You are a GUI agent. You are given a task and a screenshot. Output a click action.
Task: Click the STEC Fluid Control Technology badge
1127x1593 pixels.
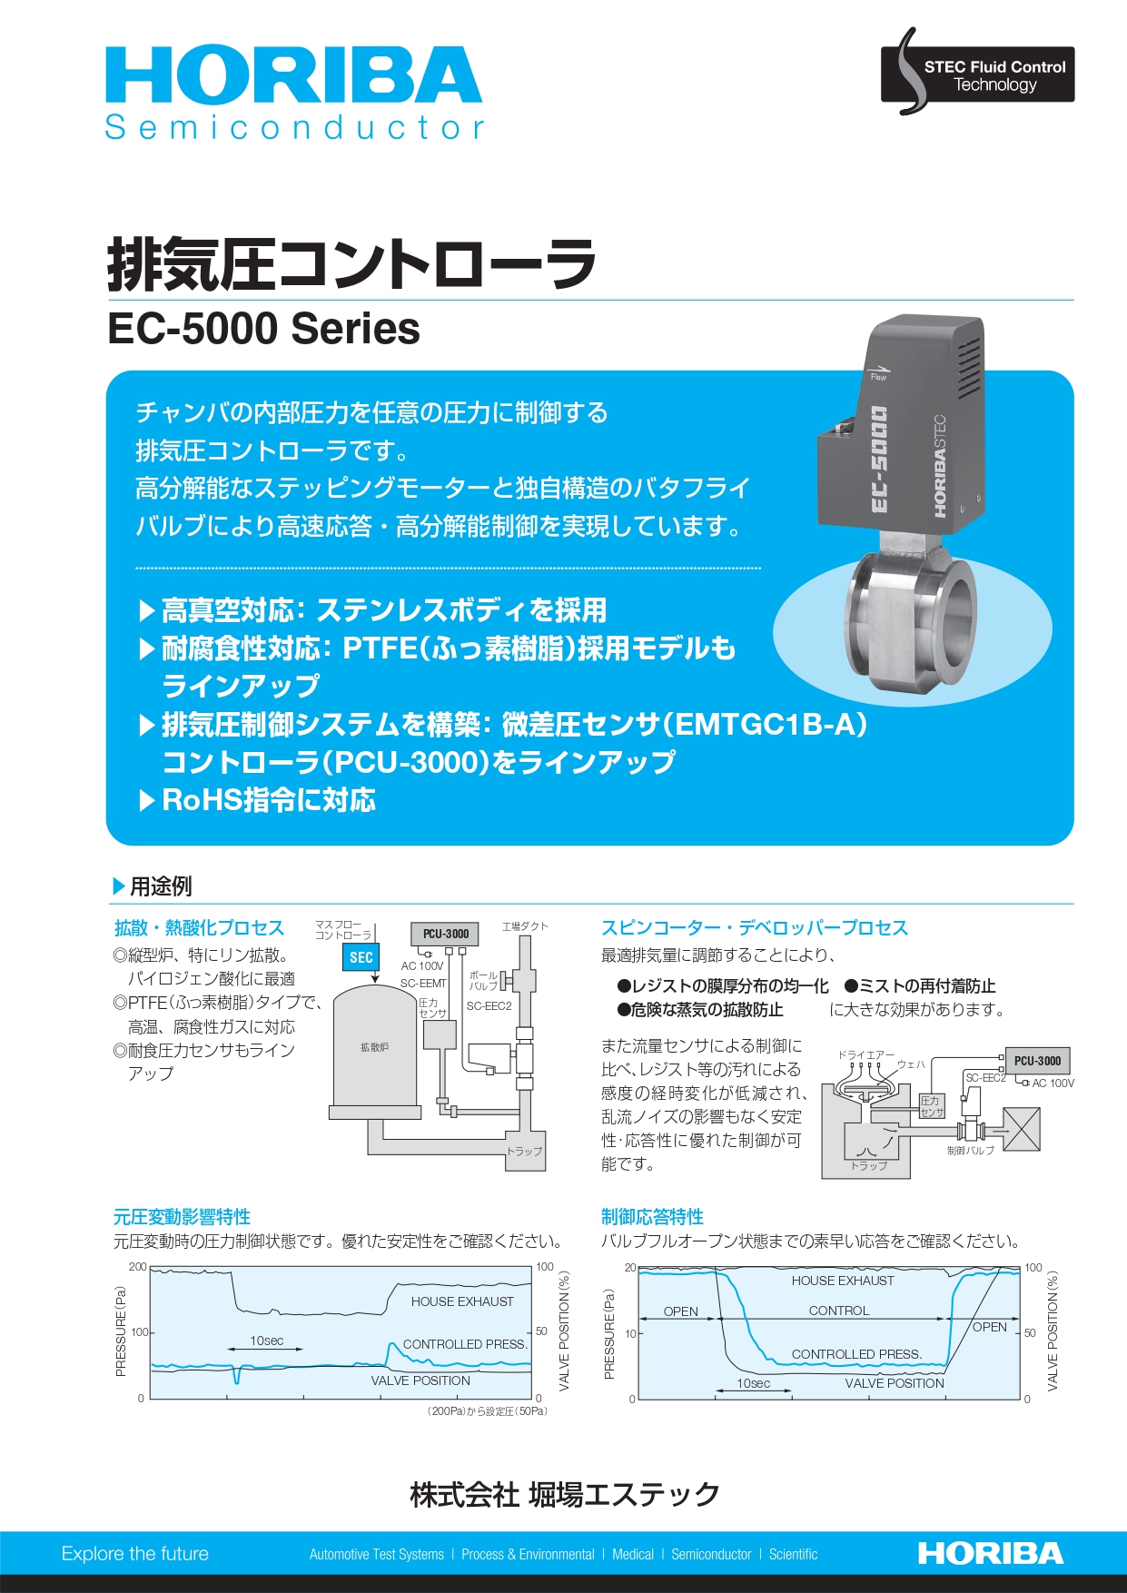[x=978, y=74]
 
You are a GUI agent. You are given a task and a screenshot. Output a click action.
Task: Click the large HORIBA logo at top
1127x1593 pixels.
[x=292, y=76]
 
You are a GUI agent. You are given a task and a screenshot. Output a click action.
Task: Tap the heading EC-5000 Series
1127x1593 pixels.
[x=263, y=329]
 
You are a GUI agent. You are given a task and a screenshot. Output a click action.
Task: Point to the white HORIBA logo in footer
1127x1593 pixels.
[x=990, y=1554]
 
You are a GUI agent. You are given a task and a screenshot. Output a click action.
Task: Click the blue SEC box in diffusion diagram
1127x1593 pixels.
[x=361, y=957]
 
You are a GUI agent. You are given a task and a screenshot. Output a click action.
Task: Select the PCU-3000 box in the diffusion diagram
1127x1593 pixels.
[x=445, y=934]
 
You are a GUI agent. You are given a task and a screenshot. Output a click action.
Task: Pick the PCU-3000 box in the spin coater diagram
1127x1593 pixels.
[x=1037, y=1061]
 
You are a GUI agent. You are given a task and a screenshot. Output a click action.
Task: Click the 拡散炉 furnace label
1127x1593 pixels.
[x=374, y=1047]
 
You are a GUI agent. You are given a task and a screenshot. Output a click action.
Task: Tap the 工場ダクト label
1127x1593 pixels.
[x=525, y=926]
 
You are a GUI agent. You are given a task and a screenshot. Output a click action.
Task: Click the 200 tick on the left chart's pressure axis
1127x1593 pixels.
[x=137, y=1267]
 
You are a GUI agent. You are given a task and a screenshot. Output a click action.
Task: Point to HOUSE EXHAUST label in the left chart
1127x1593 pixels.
[x=462, y=1301]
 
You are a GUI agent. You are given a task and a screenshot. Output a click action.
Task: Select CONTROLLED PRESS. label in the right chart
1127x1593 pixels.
[x=856, y=1354]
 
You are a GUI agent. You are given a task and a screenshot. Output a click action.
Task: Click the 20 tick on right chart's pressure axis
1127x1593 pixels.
[x=629, y=1268]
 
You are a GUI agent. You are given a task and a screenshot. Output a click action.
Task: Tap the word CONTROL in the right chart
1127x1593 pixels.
[x=839, y=1311]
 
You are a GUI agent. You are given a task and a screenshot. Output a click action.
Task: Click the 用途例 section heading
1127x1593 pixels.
[x=161, y=886]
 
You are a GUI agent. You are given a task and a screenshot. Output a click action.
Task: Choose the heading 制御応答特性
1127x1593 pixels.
[x=652, y=1217]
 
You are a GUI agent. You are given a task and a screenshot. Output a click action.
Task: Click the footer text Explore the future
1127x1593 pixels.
[x=135, y=1554]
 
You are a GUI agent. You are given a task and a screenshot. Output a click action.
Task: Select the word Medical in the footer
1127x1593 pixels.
[x=633, y=1555]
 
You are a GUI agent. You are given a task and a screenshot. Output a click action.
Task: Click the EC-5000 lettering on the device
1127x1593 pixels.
[x=879, y=460]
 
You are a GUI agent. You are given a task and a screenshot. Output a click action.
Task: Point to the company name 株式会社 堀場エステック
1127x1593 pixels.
[x=564, y=1494]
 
